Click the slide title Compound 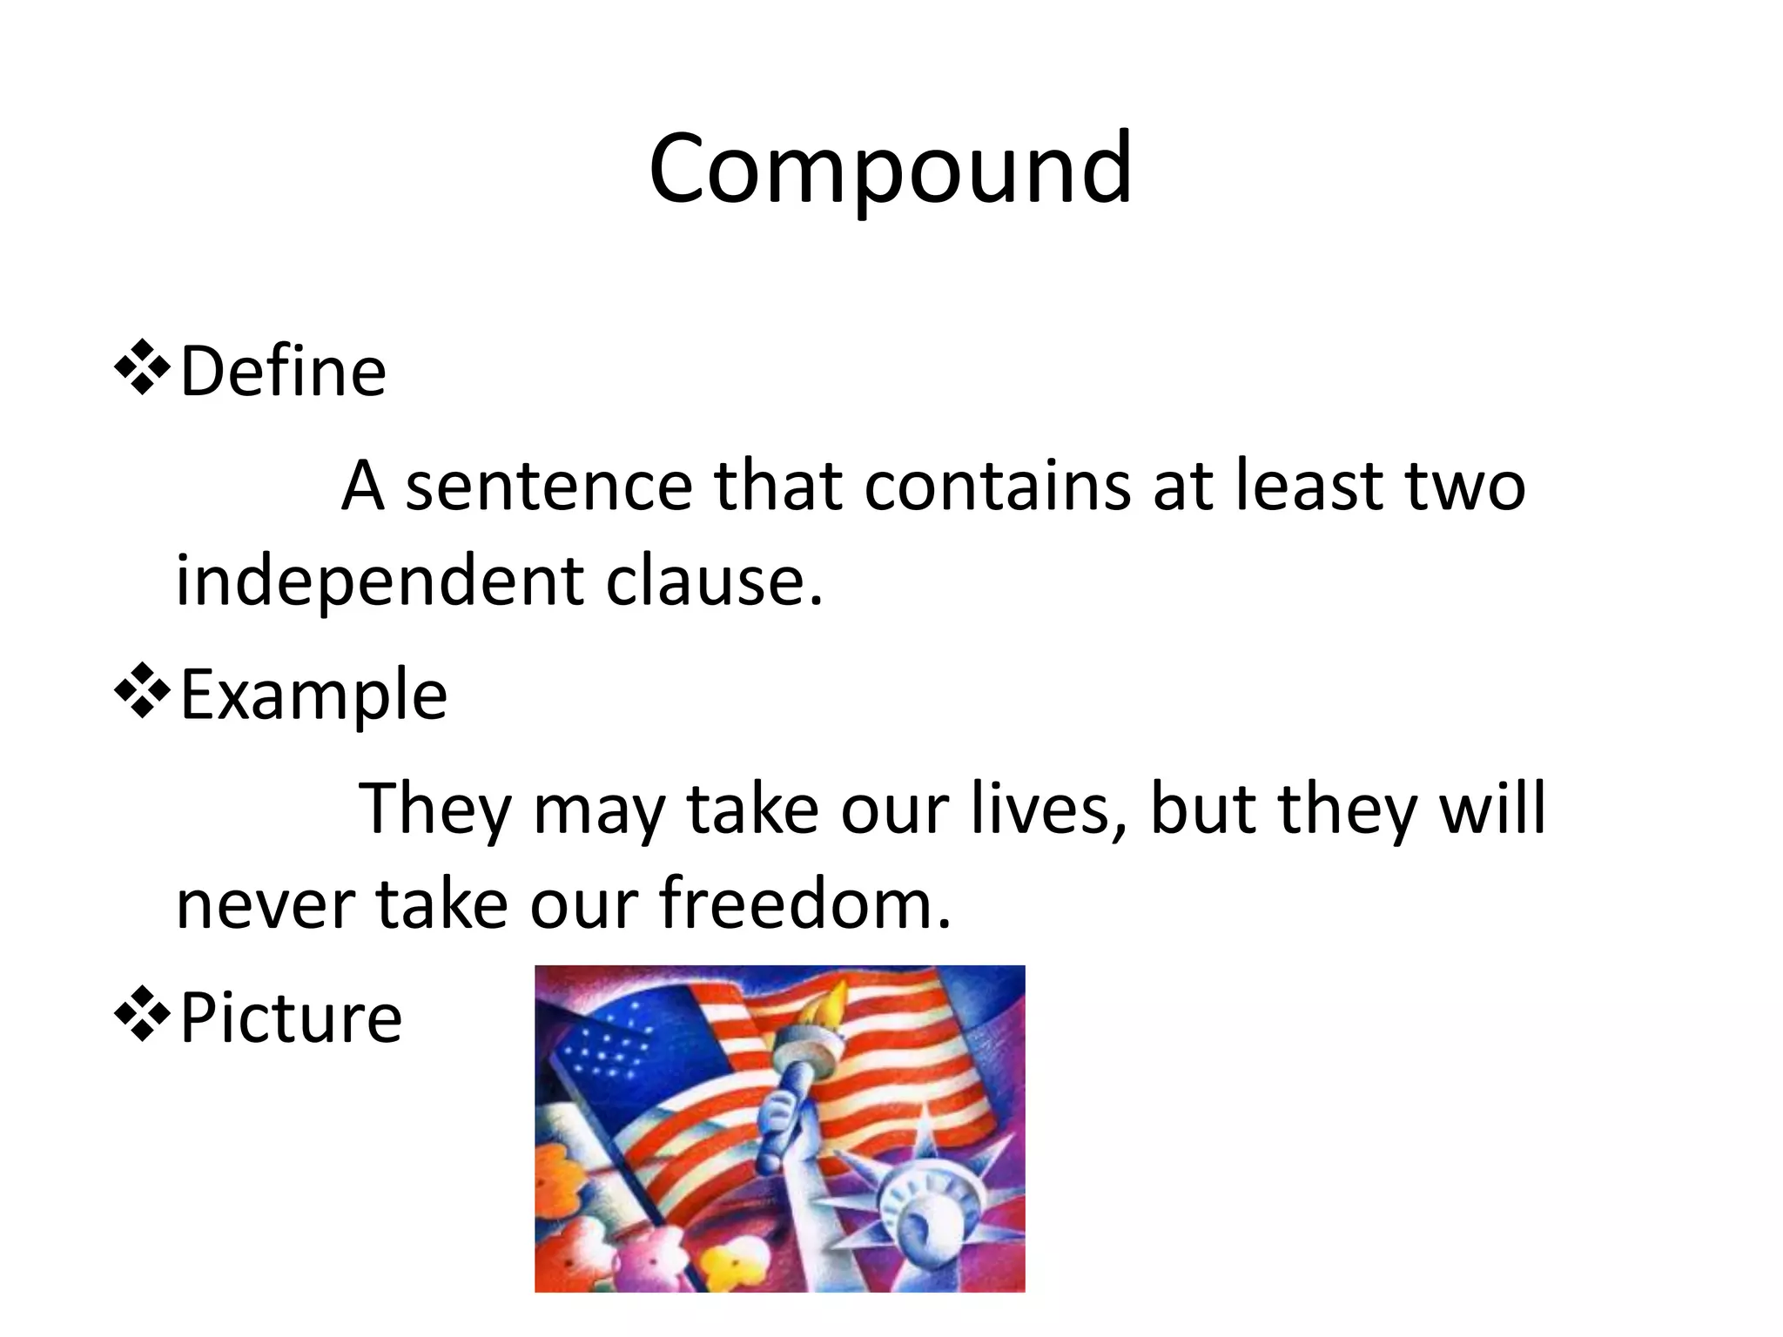(x=890, y=170)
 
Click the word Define (x=283, y=372)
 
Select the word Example (x=313, y=695)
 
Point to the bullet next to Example (x=142, y=692)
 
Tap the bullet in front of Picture (x=142, y=1015)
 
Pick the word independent (x=380, y=581)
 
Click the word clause (x=714, y=581)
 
